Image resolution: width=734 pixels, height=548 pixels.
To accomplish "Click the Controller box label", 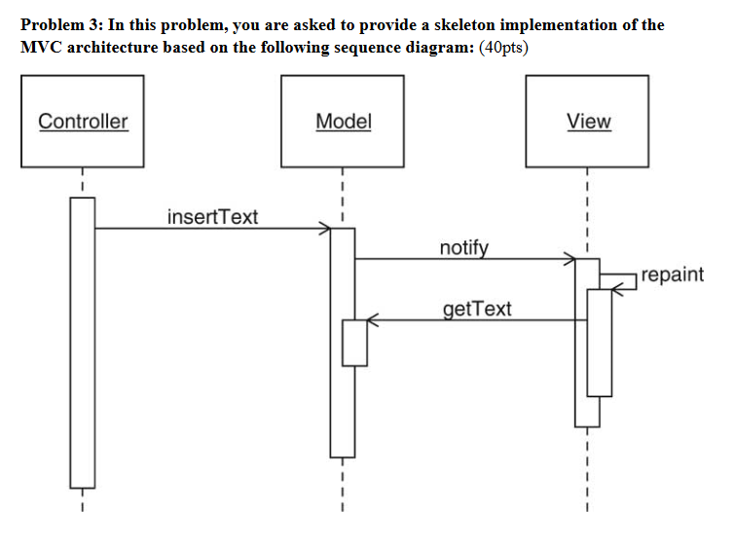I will click(83, 122).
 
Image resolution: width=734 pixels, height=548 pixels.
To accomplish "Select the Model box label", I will click(344, 122).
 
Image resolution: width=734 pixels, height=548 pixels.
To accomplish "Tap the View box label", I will click(588, 122).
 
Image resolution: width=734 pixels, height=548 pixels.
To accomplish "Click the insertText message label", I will click(212, 216).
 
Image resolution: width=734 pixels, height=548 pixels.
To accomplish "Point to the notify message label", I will click(464, 247).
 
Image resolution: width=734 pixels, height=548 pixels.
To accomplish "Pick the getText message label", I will click(476, 310).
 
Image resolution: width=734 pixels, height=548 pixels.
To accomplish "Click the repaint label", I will click(673, 274).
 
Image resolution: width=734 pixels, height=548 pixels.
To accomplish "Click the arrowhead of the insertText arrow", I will click(326, 229).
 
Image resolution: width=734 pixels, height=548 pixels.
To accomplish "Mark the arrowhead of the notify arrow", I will click(569, 260).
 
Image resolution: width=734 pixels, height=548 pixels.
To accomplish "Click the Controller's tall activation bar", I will click(83, 341).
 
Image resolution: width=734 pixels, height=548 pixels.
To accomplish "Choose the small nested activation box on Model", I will click(354, 343).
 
